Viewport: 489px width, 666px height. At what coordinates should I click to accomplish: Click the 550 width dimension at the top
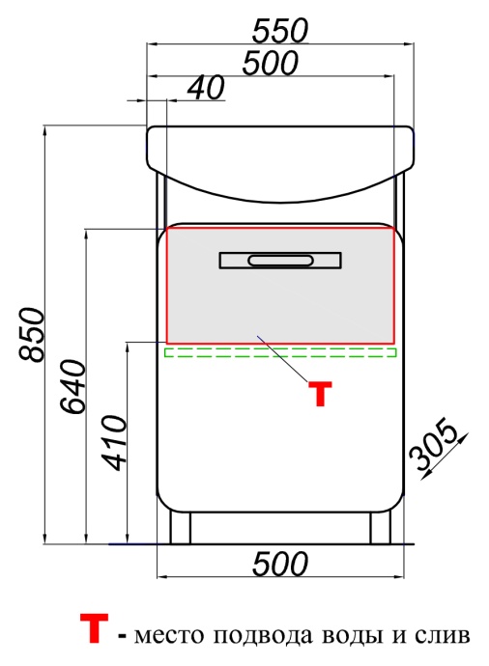pos(280,31)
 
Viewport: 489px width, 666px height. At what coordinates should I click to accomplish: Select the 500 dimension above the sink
pos(271,64)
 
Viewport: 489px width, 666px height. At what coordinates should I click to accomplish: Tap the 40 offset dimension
pos(206,88)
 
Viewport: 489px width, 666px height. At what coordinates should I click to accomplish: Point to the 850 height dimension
pos(32,335)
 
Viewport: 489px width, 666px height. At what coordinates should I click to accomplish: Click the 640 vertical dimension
pos(73,386)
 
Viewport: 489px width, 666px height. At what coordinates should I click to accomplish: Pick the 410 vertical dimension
pos(114,443)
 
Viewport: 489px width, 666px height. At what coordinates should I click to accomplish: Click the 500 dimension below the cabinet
pos(280,564)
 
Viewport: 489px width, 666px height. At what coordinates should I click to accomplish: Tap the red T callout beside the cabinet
pos(320,394)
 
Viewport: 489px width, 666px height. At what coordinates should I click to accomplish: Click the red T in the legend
pos(94,628)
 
